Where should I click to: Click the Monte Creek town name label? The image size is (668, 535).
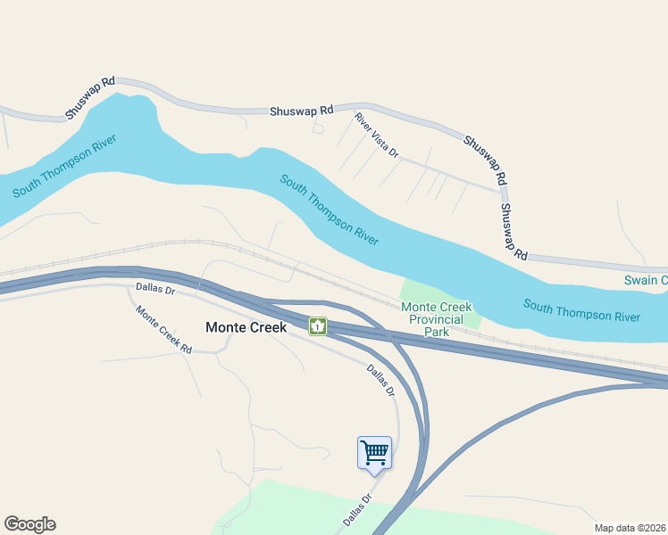pyautogui.click(x=246, y=327)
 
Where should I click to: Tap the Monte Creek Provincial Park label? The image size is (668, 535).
pyautogui.click(x=436, y=319)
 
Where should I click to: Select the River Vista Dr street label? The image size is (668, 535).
pyautogui.click(x=376, y=135)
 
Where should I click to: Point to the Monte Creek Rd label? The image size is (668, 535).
pyautogui.click(x=164, y=330)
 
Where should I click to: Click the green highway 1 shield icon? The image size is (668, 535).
pyautogui.click(x=318, y=326)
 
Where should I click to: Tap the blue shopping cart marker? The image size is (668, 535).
pyautogui.click(x=374, y=451)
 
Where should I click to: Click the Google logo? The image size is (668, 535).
pyautogui.click(x=29, y=524)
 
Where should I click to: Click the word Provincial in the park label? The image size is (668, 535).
pyautogui.click(x=436, y=319)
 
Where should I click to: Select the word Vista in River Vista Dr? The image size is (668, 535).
pyautogui.click(x=376, y=135)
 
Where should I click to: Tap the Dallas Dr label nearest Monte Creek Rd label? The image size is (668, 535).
pyautogui.click(x=155, y=289)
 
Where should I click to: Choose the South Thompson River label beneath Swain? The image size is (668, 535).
pyautogui.click(x=581, y=311)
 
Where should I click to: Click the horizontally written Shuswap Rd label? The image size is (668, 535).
pyautogui.click(x=302, y=111)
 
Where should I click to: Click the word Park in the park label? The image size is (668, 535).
pyautogui.click(x=436, y=332)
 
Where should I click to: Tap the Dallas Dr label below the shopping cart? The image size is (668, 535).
pyautogui.click(x=355, y=510)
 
